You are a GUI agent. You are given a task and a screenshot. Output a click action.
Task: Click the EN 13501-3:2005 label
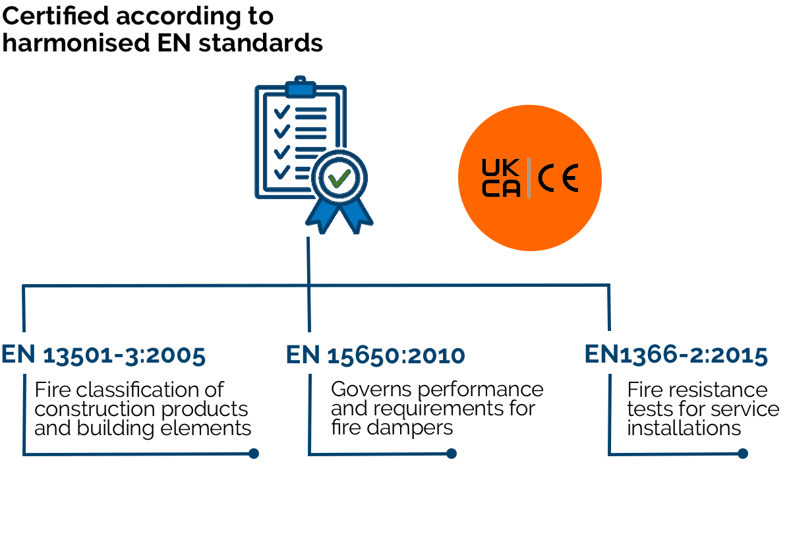click(103, 355)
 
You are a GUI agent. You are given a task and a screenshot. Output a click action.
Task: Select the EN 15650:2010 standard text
click(375, 355)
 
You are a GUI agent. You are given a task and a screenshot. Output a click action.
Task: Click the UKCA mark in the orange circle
click(501, 177)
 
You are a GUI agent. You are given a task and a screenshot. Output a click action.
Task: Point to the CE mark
click(558, 178)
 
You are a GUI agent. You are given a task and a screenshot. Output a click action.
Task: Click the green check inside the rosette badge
click(339, 178)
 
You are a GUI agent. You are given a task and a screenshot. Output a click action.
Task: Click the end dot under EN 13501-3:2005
click(254, 454)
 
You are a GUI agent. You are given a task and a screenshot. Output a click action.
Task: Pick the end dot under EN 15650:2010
click(452, 454)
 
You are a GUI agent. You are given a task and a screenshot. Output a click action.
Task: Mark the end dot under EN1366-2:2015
click(743, 454)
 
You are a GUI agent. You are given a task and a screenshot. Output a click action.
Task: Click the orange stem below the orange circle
click(531, 264)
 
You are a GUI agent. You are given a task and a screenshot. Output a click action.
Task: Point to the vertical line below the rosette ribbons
click(308, 260)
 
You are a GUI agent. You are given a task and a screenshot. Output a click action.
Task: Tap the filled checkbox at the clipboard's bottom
click(281, 175)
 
